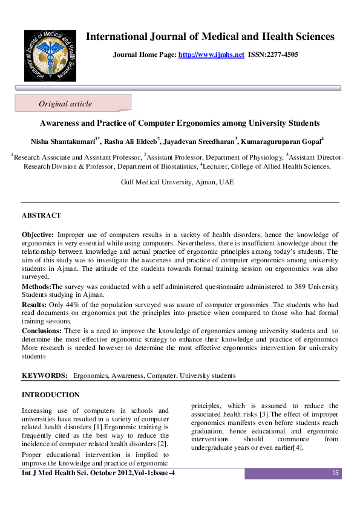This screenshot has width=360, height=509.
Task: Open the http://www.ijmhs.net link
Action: pos(211,54)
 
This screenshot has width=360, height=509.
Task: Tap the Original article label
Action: pos(65,104)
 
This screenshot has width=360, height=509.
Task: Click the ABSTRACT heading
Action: pos(41,215)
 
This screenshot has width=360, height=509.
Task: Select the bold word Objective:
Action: pos(38,233)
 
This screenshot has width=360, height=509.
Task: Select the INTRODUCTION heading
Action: pos(51,395)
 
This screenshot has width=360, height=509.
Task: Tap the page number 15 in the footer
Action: pos(335,472)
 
